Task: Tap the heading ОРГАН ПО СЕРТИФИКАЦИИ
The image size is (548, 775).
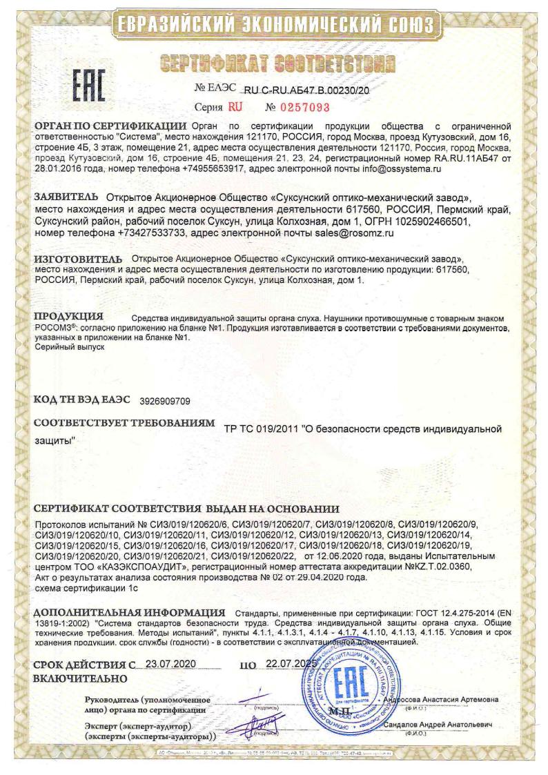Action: [x=111, y=126]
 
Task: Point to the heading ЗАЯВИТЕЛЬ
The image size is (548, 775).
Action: [x=66, y=198]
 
